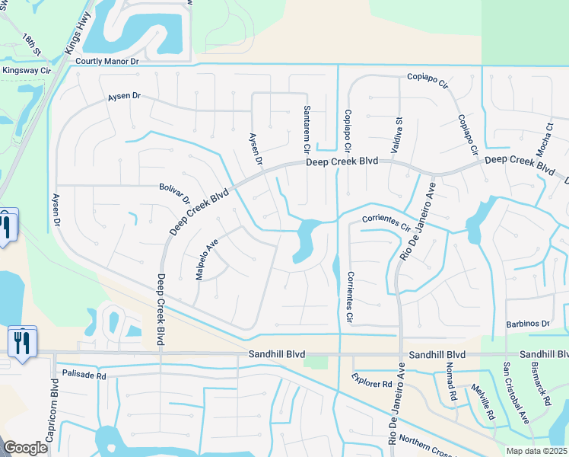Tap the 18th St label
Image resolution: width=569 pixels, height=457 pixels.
click(31, 45)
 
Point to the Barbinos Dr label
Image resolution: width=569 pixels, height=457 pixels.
click(527, 324)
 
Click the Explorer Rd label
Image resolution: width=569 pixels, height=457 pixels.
click(371, 380)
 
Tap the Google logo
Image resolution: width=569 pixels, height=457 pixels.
click(25, 448)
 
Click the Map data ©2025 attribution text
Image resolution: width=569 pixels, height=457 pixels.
click(537, 451)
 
